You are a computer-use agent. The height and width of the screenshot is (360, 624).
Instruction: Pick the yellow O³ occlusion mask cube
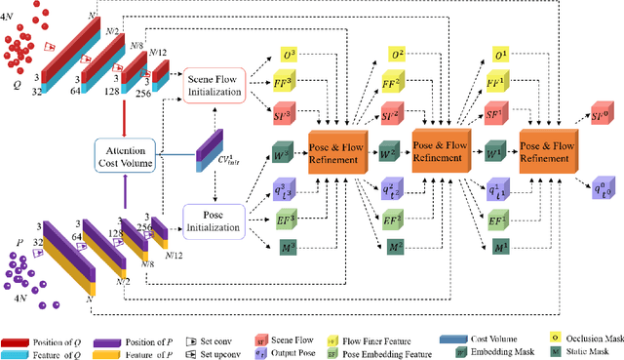tap(290, 55)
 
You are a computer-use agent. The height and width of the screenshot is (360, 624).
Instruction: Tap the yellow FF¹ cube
tap(498, 86)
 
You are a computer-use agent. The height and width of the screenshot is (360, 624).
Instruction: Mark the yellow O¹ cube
tap(499, 55)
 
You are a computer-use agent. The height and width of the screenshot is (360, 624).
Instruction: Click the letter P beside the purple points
tap(12, 226)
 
